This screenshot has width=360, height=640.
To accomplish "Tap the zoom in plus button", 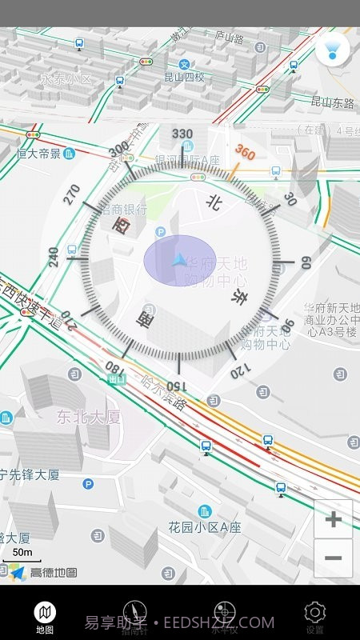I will tap(333, 520).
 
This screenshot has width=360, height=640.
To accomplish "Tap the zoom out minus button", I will tap(333, 558).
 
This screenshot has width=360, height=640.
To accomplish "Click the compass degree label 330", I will tap(182, 134).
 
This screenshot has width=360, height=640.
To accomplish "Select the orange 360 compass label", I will tap(244, 153).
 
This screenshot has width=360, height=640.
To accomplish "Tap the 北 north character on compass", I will tap(213, 203).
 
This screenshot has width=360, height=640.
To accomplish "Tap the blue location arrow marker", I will tap(179, 260).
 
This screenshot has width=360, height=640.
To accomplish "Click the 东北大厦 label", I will tap(88, 417).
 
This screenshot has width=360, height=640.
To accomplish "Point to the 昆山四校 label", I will tap(185, 78).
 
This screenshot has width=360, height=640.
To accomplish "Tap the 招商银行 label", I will tap(124, 210).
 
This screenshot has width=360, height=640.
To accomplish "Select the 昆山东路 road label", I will tap(332, 102).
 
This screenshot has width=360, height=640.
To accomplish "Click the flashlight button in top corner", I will tap(332, 50).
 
